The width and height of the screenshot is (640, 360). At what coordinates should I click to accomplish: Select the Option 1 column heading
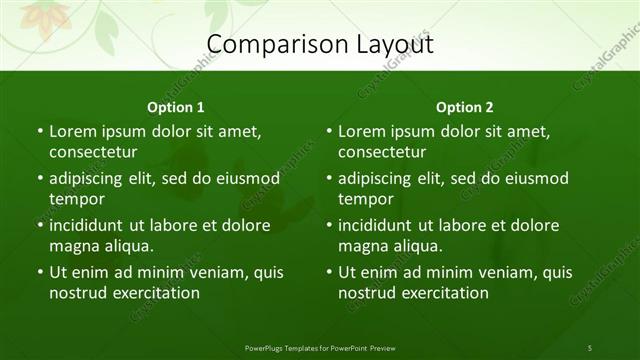(175, 107)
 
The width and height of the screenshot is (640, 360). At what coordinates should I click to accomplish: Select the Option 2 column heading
(465, 107)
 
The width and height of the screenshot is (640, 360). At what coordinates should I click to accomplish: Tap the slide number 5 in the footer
(589, 347)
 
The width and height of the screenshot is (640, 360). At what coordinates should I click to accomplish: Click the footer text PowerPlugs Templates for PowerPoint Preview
(320, 347)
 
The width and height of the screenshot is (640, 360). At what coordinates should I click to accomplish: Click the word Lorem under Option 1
(73, 131)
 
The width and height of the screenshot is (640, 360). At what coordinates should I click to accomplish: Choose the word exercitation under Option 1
(155, 293)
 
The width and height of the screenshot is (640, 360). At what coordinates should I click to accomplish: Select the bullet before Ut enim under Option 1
(39, 272)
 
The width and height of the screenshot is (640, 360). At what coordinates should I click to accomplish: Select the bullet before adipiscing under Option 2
(329, 178)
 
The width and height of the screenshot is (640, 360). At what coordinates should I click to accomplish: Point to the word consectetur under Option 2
(383, 152)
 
